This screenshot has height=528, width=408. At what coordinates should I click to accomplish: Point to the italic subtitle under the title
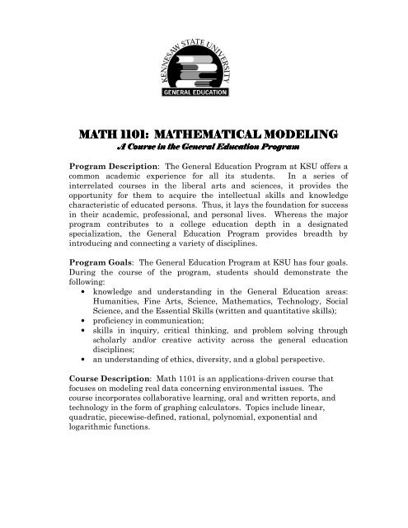[204, 146]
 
